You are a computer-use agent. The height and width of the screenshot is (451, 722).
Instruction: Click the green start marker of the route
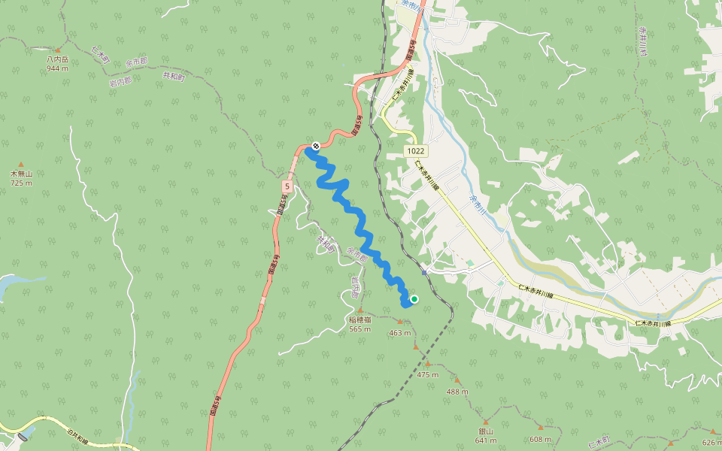coord(414,299)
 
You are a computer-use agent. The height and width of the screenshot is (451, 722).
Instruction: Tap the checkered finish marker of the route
coord(316,146)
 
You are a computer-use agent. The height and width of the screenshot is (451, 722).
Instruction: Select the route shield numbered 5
coord(287,185)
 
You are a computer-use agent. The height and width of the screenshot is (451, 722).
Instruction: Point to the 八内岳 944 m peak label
coord(57,63)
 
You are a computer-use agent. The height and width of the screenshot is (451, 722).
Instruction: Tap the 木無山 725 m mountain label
coord(21,178)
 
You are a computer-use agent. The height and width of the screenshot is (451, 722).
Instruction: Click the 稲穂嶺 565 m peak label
coord(360,324)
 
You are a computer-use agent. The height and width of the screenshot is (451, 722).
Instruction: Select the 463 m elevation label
coord(400,333)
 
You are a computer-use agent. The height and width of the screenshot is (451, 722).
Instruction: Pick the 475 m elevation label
coord(427,374)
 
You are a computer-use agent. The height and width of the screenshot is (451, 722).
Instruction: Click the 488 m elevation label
coord(457,392)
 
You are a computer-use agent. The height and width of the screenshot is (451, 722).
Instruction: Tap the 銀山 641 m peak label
coord(485,435)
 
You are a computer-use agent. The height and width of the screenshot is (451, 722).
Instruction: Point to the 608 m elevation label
coord(540,439)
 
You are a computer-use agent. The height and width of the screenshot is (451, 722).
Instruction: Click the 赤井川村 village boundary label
coord(643,41)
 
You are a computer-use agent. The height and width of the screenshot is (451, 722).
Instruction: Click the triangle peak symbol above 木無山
coord(21,164)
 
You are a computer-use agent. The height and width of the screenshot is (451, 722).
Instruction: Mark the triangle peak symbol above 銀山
coord(485,422)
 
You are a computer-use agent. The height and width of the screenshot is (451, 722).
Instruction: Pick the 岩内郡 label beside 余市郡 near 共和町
coord(118,80)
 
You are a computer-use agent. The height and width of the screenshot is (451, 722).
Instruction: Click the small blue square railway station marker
coord(424,272)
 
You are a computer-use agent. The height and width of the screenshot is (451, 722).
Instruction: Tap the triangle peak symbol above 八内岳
coord(57,50)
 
